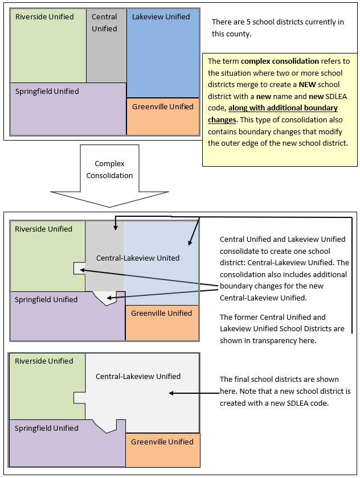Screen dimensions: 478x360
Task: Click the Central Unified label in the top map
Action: click(104, 22)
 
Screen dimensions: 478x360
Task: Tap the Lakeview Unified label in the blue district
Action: click(161, 17)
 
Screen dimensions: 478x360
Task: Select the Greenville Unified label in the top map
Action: click(162, 106)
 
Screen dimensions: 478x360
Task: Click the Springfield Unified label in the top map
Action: click(47, 91)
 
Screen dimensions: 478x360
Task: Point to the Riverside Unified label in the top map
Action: click(44, 17)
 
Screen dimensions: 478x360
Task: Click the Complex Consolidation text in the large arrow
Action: click(109, 170)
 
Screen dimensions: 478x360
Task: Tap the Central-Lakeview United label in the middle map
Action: click(137, 258)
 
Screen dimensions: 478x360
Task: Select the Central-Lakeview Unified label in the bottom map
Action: click(138, 376)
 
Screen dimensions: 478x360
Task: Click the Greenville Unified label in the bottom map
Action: click(162, 442)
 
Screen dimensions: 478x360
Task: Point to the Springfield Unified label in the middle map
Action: click(46, 299)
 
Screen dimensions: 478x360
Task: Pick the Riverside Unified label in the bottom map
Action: click(44, 361)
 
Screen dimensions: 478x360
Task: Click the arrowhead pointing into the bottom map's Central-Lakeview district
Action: click(172, 393)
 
